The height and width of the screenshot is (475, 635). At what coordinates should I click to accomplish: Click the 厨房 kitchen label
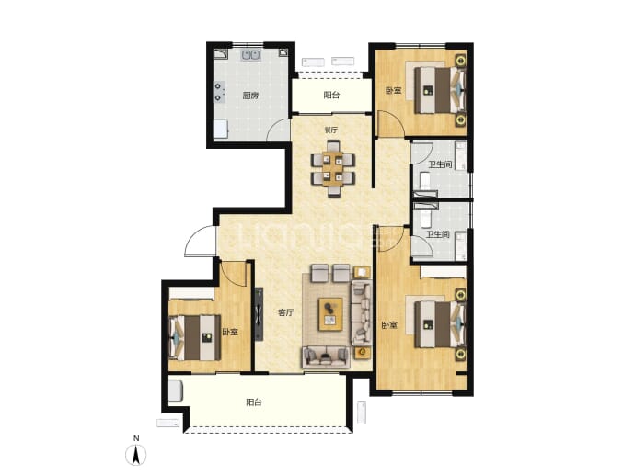click(x=250, y=96)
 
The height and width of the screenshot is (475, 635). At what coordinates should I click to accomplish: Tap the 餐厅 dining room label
click(x=331, y=130)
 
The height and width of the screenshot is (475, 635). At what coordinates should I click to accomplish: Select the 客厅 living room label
click(x=285, y=312)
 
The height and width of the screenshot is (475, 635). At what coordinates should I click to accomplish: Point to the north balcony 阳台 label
click(x=331, y=95)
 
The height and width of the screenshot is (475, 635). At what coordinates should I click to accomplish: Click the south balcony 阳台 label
click(x=253, y=402)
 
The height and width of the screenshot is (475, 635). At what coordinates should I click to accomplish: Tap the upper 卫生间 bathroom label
click(x=440, y=164)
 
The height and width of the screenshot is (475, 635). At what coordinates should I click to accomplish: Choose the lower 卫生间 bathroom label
click(x=438, y=234)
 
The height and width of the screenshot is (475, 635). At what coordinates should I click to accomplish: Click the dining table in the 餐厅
click(x=333, y=168)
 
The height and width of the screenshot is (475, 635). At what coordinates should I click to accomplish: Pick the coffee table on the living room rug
click(x=330, y=314)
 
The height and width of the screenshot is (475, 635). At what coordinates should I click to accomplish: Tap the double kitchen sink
click(x=251, y=55)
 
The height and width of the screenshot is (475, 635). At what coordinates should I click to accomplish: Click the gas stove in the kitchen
click(x=220, y=92)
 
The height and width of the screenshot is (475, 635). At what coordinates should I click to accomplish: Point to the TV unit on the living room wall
click(x=259, y=314)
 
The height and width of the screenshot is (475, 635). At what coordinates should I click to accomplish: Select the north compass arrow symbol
click(x=136, y=455)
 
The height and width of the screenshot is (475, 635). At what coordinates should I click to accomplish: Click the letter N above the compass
click(x=136, y=438)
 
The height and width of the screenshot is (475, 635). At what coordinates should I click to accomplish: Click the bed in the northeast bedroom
click(x=440, y=90)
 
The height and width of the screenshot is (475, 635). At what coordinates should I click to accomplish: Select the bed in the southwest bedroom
click(x=195, y=338)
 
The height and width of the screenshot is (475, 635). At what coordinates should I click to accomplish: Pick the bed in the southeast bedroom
click(x=440, y=324)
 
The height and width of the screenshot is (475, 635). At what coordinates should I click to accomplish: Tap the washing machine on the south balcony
click(x=177, y=390)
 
